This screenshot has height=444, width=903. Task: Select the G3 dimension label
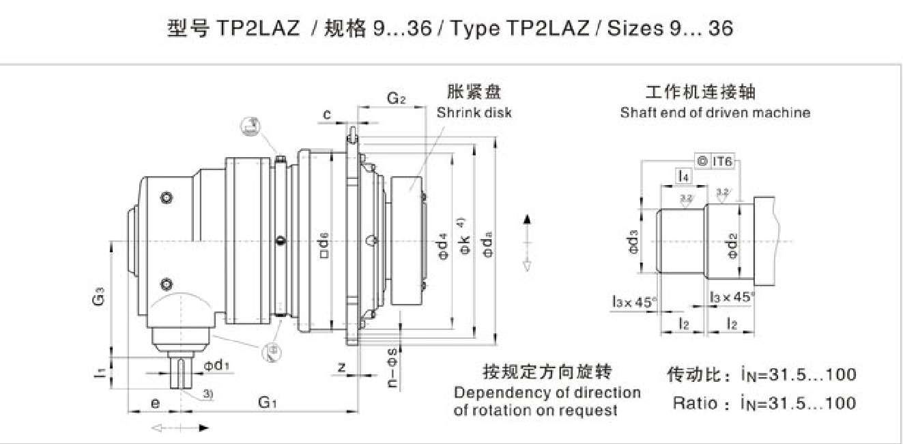tap(99, 299)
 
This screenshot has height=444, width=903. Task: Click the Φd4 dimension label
tap(443, 247)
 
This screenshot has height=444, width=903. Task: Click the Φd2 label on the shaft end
tap(732, 245)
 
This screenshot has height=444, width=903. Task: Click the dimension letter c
tap(327, 115)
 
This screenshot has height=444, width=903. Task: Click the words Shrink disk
tap(474, 113)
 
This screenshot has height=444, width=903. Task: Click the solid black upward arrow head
tap(526, 219)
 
